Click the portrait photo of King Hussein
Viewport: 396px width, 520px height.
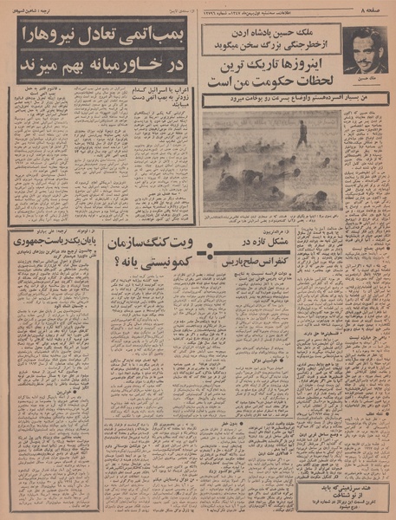click(363, 50)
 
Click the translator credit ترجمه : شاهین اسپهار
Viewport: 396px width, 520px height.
click(29, 10)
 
